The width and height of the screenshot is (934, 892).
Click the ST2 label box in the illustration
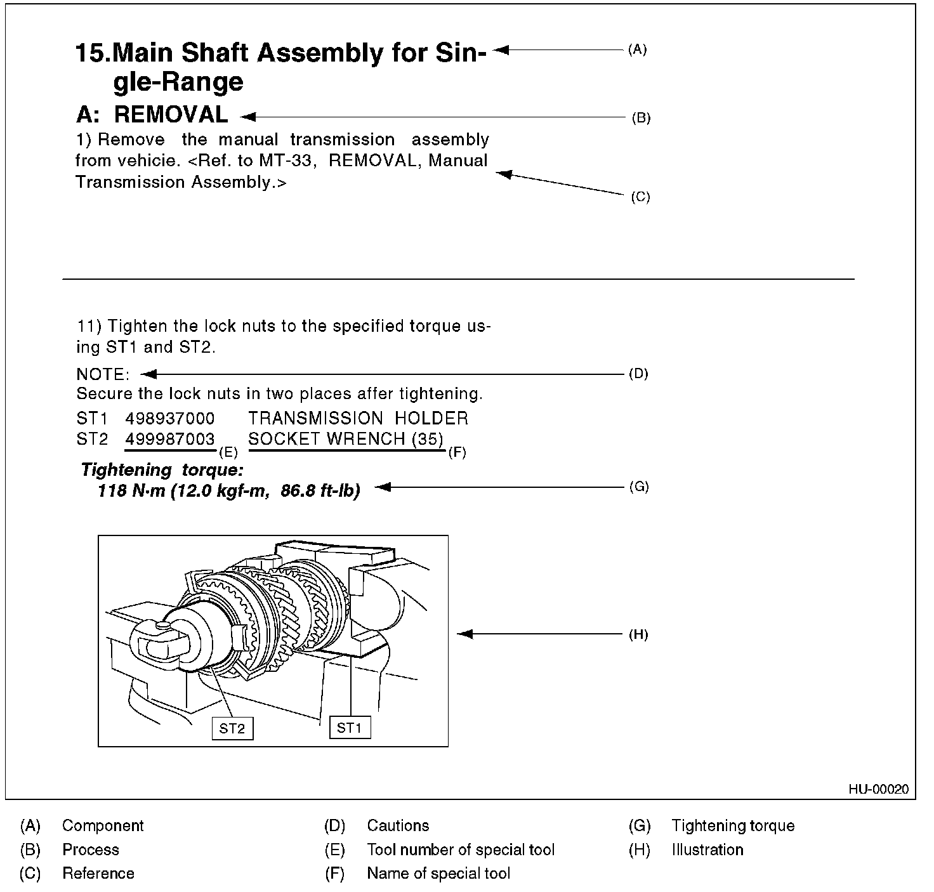point(232,728)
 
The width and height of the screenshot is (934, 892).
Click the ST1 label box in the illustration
point(350,727)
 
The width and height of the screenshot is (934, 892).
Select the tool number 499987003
point(169,439)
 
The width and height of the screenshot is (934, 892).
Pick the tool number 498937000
point(169,418)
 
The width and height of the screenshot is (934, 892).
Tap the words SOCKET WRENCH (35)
point(346,439)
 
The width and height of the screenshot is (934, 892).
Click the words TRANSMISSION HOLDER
point(358,418)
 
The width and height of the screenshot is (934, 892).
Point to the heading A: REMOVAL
point(152,115)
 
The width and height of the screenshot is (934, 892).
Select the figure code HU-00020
point(878,789)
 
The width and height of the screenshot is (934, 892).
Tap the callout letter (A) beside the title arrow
point(637,49)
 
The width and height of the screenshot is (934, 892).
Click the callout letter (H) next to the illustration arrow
point(638,634)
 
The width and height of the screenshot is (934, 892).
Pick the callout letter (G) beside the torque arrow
point(638,487)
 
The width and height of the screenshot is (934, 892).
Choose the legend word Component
point(103,825)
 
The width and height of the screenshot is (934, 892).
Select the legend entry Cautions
point(398,825)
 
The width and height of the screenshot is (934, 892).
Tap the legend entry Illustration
point(707,849)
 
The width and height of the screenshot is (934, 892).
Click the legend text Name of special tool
point(438,874)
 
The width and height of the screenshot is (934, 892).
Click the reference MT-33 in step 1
point(286,161)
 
